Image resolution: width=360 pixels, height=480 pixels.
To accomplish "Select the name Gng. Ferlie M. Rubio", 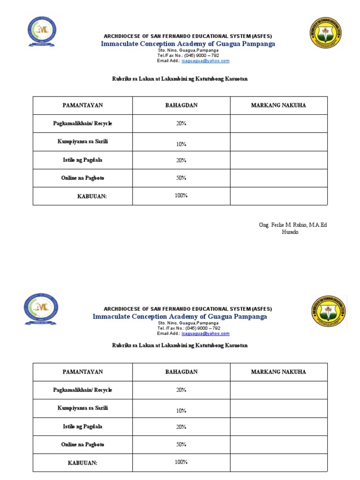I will point(293,225).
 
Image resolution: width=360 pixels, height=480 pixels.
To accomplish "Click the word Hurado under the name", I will point(290,232).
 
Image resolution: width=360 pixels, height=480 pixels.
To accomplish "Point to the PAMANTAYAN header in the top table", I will point(82,105).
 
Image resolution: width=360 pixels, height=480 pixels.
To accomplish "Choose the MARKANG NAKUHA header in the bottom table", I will point(278,372).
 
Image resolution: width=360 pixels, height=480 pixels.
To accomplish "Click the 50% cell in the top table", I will point(181,178).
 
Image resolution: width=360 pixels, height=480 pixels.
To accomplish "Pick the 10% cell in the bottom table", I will point(181,411).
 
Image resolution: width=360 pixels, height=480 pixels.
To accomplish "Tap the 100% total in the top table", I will point(181,195).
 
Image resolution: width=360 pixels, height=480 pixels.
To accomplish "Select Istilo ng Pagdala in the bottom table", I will point(82,427).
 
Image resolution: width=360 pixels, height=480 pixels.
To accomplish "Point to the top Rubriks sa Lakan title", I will point(180,79).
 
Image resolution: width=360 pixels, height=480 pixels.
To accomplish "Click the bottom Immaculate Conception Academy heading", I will point(180,316).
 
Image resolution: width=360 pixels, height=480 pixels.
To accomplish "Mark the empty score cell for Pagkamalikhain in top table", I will point(278,123).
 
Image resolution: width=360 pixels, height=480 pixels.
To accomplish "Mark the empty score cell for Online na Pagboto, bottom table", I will point(278,444).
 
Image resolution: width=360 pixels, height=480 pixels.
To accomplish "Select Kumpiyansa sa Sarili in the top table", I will point(82,142).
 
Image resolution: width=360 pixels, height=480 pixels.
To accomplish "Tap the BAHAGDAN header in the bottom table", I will point(181,372).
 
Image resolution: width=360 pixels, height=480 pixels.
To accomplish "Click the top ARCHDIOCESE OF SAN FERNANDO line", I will point(187,36).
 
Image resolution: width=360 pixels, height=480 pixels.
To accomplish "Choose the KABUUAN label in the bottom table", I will point(82,463).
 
